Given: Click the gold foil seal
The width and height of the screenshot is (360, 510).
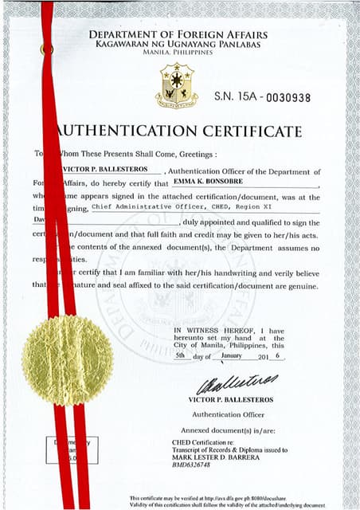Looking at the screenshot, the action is [x=57, y=360].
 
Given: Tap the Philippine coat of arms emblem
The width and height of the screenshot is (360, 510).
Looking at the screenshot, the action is [x=177, y=85].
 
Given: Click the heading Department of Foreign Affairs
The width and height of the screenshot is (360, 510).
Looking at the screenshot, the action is [x=178, y=35].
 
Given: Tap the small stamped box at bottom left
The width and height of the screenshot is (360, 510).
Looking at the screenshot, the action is [x=72, y=449].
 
